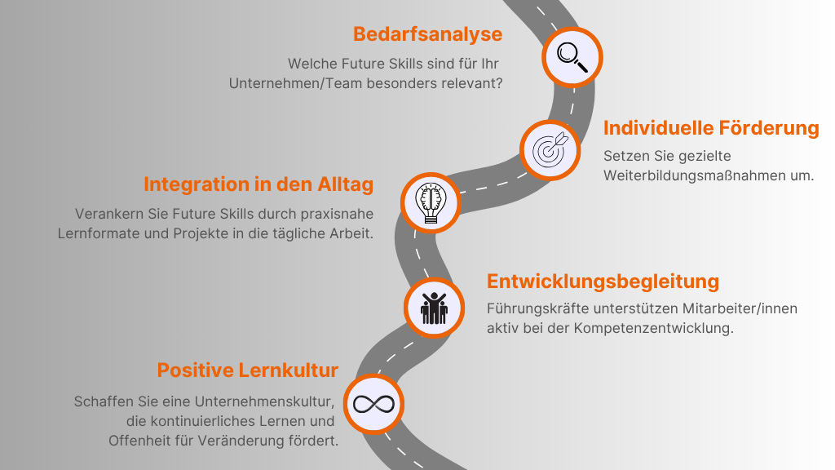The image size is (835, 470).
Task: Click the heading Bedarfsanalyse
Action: pos(427,34)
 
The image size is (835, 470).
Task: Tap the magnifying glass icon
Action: pos(572,56)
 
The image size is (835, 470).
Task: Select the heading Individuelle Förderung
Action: pos(711,128)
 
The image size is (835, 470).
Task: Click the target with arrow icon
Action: pos(550,149)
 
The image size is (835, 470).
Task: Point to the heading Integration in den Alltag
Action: pos(258,184)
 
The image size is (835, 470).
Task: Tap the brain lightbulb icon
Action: pos(431,202)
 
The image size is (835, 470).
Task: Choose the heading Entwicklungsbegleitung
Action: pos(603,282)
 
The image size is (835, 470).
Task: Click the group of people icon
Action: pos(434,308)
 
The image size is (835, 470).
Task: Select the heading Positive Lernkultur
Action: pos(247,370)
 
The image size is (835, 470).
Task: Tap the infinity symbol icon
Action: pos(373,403)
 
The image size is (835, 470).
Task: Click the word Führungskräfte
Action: pos(534,308)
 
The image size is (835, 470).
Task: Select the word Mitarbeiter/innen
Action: pos(736,308)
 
